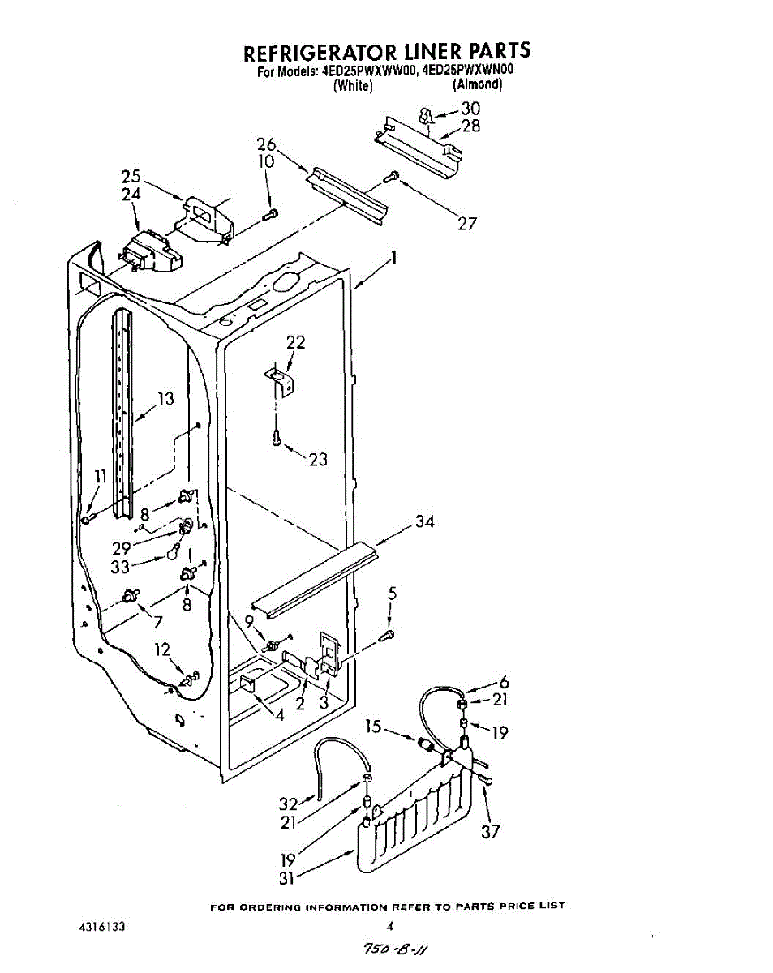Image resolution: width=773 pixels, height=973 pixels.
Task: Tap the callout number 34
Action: point(424,521)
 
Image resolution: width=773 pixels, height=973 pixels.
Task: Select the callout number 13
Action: point(165,398)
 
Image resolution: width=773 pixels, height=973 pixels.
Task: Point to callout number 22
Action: point(296,342)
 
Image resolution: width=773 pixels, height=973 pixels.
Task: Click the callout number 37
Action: point(491,830)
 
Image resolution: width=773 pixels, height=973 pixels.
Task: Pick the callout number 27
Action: point(467,225)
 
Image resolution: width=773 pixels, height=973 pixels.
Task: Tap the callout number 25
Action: point(131,176)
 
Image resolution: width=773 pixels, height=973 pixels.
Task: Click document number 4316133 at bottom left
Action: point(102,926)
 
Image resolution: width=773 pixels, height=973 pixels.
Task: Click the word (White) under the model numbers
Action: point(352,86)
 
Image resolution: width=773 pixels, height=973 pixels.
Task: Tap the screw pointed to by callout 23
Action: point(277,439)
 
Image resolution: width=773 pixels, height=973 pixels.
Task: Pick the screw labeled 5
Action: point(389,634)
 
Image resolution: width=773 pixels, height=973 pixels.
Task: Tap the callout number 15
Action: point(373,727)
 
